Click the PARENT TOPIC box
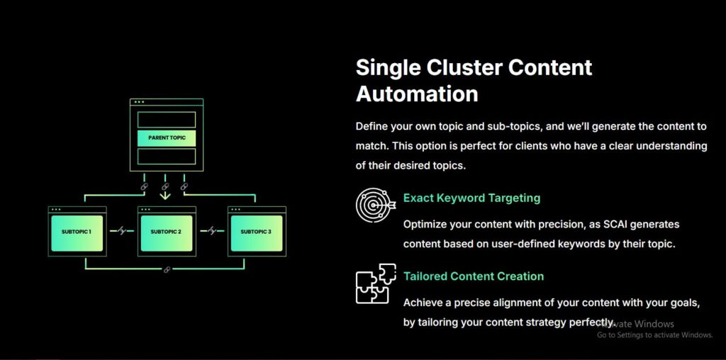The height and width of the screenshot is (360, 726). (x=167, y=137)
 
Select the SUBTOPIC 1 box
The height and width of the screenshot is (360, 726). (x=77, y=232)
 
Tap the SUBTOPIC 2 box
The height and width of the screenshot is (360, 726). (x=167, y=232)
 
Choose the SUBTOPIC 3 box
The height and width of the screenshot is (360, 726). (x=256, y=232)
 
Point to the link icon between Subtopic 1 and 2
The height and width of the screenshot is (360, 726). (x=122, y=231)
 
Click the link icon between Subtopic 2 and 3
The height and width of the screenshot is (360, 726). (x=211, y=231)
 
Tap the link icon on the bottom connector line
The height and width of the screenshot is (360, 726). (x=167, y=269)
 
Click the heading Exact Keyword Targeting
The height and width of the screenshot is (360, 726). (x=471, y=198)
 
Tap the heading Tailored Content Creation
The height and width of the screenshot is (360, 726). (x=474, y=276)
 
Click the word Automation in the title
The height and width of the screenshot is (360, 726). (x=417, y=94)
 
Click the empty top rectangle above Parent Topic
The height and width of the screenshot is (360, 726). (x=167, y=119)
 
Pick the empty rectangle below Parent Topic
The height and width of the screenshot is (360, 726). (x=167, y=156)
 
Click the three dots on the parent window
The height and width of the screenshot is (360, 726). (x=139, y=102)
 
